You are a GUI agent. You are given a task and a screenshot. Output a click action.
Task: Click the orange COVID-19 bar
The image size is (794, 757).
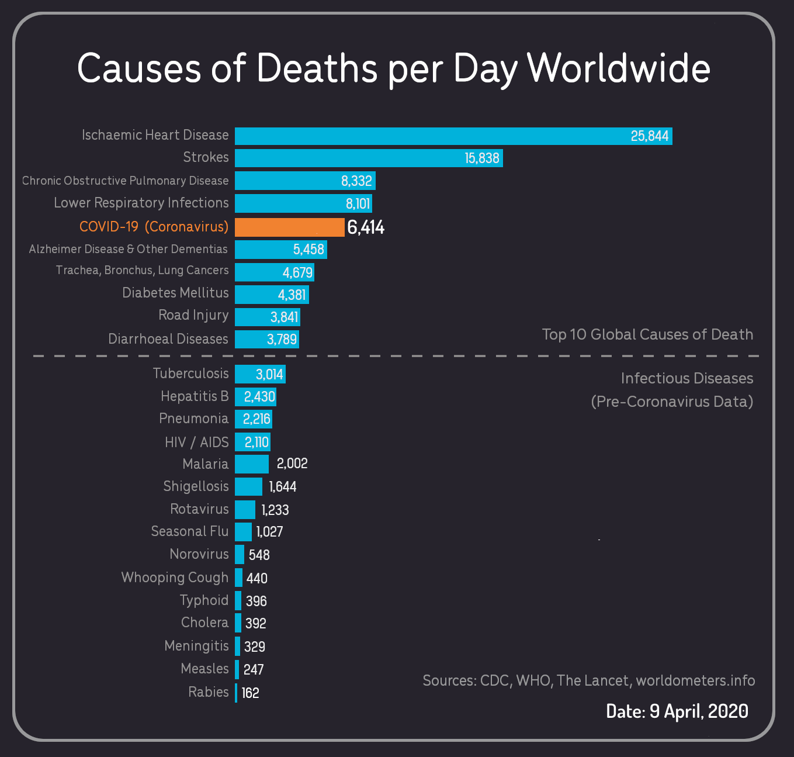(x=289, y=227)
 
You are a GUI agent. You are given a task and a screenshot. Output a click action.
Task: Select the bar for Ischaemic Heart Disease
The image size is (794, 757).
(x=432, y=136)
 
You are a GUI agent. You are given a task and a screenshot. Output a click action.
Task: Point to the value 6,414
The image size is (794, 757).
(x=366, y=227)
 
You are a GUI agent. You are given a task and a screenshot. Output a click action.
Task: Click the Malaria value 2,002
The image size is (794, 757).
(x=292, y=464)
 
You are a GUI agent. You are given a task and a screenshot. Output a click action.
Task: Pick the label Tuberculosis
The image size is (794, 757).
(x=190, y=374)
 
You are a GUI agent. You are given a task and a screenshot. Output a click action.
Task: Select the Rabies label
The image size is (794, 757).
(x=208, y=692)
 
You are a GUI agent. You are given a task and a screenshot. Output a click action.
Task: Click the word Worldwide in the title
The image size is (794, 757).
(x=619, y=68)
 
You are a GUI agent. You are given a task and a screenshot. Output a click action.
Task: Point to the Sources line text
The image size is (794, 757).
(x=588, y=680)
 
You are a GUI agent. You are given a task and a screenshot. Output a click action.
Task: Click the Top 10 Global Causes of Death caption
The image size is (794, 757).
(x=647, y=334)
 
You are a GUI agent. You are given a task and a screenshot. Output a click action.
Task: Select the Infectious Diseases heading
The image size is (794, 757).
(x=686, y=378)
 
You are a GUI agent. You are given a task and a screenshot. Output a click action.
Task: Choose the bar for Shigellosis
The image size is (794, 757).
(x=248, y=486)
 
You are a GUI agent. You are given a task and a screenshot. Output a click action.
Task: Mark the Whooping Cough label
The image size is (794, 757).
(x=175, y=578)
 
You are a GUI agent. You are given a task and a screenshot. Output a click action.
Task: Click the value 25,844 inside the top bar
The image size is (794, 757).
(x=649, y=136)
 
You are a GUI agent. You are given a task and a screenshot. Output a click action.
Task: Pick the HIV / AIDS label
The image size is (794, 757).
(x=196, y=442)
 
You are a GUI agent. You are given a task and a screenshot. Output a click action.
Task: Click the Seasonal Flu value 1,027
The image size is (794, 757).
(x=269, y=532)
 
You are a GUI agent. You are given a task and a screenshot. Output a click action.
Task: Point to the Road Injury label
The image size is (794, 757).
(x=193, y=315)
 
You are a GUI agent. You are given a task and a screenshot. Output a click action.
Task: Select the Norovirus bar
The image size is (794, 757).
(x=240, y=554)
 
